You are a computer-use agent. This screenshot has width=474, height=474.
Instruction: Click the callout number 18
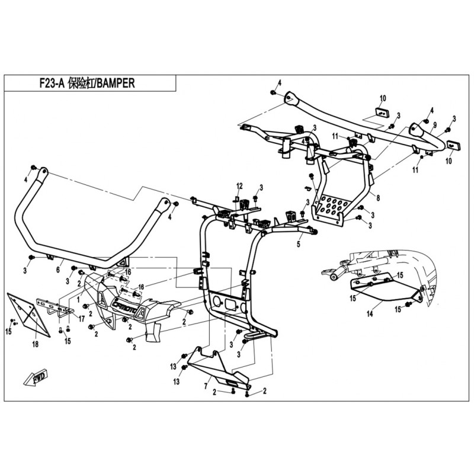(36, 343)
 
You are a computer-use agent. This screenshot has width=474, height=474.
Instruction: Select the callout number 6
(58, 270)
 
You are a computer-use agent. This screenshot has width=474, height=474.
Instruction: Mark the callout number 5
(299, 244)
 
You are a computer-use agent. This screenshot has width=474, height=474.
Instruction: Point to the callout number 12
(241, 186)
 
